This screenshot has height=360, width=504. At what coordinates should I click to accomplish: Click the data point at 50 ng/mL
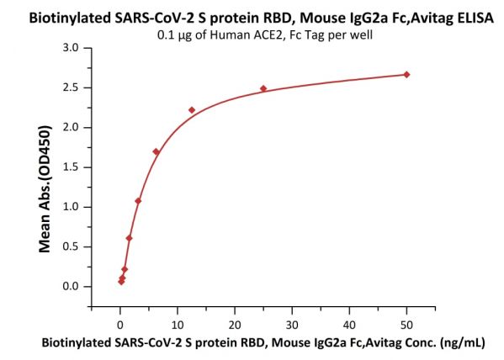pos(406,75)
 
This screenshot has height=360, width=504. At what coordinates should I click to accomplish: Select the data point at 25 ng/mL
pos(263,88)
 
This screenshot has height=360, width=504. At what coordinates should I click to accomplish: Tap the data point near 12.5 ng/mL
pos(192,110)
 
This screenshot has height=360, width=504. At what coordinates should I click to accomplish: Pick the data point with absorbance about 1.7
pos(157,151)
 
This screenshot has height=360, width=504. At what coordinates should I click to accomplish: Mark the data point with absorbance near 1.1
pos(138,201)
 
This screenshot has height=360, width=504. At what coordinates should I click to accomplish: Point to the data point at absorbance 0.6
pos(130,238)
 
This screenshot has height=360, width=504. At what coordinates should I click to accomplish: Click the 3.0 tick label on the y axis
pos(71,48)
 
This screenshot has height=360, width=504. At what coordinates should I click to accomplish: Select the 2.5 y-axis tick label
pos(71,87)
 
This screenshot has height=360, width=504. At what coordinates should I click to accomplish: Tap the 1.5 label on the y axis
pos(71,167)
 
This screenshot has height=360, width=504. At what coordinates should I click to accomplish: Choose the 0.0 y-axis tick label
pos(71,286)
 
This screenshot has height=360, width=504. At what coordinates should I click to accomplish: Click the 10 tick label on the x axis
pos(178,326)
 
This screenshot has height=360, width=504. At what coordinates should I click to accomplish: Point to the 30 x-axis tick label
pos(292,326)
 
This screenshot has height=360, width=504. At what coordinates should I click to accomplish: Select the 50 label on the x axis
pos(406,326)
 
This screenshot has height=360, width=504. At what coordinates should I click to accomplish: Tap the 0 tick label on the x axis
pos(120,326)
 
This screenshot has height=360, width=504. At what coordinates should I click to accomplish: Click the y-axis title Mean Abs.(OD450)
pos(45,189)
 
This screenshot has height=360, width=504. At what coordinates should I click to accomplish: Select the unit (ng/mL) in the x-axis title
pos(463,343)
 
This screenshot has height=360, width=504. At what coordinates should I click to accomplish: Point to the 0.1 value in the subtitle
pos(165,34)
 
